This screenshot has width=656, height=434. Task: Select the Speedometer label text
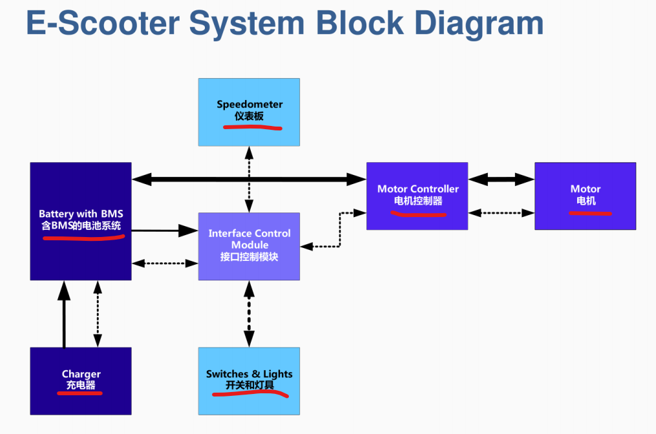point(249,104)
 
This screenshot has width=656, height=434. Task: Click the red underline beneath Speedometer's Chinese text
point(252,128)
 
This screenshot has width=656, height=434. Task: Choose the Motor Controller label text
point(418,189)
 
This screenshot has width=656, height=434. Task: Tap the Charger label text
point(81,374)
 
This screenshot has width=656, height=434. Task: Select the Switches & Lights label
point(249,374)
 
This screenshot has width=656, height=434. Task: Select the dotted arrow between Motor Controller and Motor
point(502,212)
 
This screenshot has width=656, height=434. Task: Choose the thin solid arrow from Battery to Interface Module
point(165,230)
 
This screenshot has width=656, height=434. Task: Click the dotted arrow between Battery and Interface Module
point(165,263)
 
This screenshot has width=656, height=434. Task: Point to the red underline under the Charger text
point(80,393)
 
